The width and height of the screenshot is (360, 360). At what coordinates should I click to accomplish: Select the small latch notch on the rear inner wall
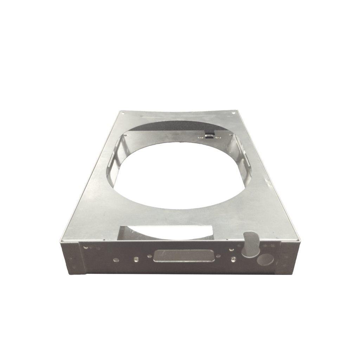click(210, 135)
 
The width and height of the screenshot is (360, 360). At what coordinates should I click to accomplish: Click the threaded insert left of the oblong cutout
click(135, 260)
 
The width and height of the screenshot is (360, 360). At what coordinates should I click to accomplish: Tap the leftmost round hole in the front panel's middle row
click(116, 260)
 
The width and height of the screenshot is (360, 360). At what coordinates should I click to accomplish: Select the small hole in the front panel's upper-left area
click(85, 247)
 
